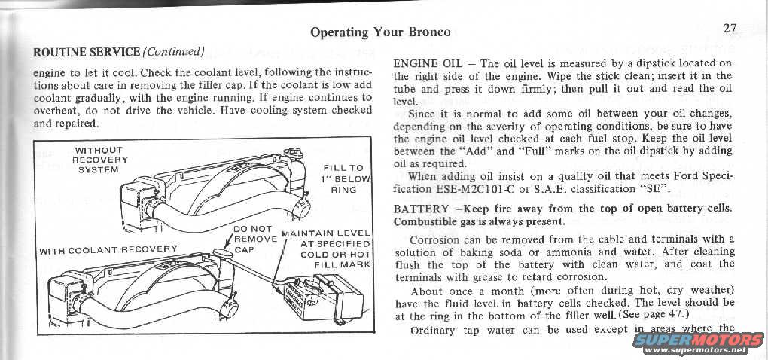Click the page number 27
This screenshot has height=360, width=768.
730,29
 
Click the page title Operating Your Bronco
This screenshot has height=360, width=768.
380,32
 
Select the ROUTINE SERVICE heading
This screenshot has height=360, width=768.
87,52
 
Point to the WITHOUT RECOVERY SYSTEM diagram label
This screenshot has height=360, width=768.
99,160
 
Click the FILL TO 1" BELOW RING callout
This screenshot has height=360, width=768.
346,179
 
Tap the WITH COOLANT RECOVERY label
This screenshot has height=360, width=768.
108,249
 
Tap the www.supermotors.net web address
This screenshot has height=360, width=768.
699,351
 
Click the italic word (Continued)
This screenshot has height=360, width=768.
174,52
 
